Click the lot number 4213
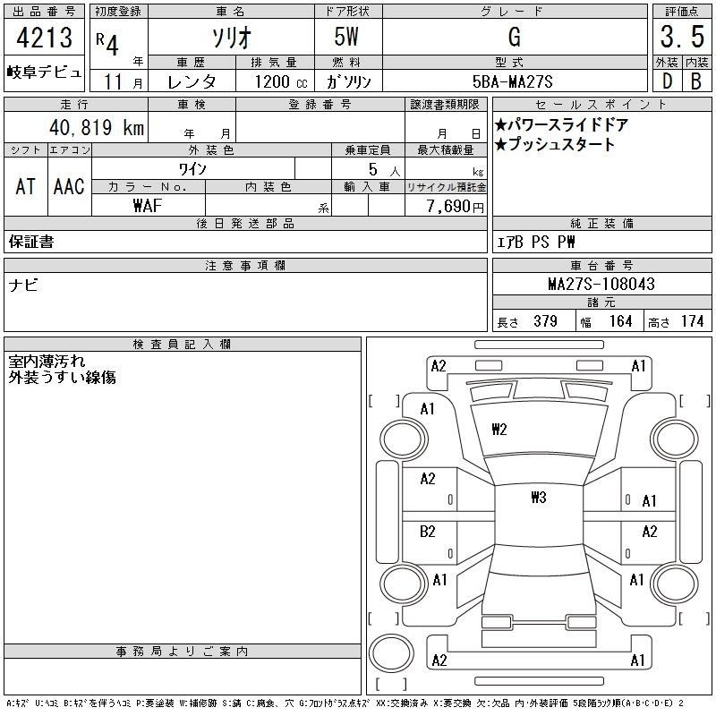(44, 37)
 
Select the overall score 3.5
(682, 37)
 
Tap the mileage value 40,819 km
(97, 127)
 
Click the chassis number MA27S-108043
(601, 284)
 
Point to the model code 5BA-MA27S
(512, 81)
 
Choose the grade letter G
(515, 37)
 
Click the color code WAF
(148, 206)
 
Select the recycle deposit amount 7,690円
(456, 207)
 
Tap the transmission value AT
(26, 186)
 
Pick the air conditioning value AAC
(69, 186)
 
